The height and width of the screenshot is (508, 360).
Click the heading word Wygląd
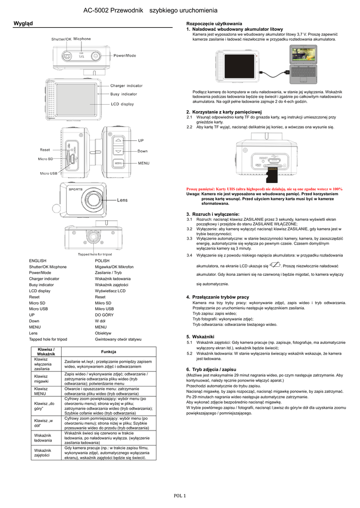[22, 23]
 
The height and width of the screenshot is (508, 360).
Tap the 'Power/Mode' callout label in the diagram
[125, 56]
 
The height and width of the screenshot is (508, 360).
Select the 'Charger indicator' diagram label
[126, 86]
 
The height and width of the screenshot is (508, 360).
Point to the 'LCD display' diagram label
[122, 104]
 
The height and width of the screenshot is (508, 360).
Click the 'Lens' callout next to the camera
[122, 200]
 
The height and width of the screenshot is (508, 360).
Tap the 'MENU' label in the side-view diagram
[144, 163]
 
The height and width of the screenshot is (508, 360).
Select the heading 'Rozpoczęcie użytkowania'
[214, 24]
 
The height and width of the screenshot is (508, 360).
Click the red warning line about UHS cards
[271, 189]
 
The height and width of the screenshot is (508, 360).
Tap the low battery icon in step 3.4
[277, 265]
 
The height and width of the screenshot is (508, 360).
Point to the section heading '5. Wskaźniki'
[200, 336]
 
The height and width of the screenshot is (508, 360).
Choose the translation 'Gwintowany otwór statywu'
[118, 340]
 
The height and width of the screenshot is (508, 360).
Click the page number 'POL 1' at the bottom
[180, 496]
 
